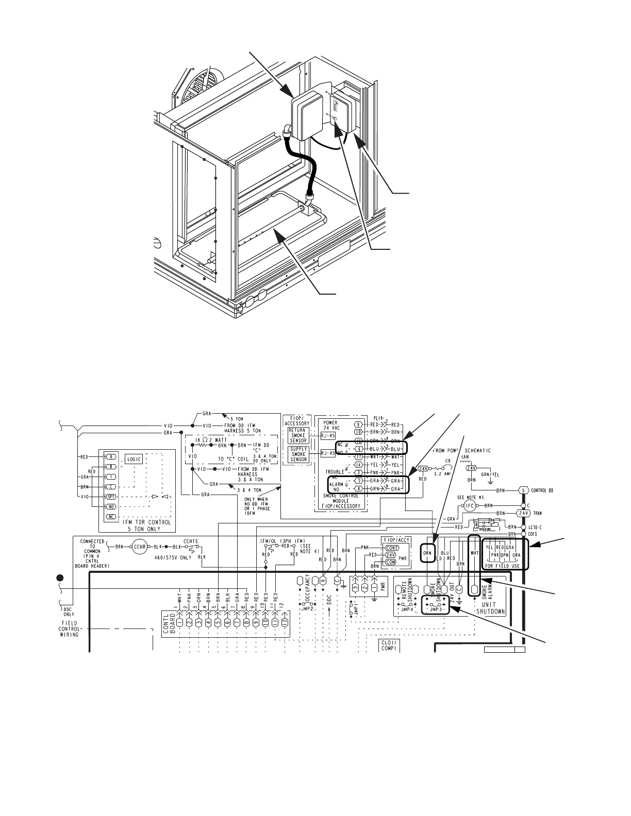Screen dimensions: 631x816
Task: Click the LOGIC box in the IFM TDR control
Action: coord(134,460)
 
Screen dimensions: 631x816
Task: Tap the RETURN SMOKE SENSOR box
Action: coord(297,435)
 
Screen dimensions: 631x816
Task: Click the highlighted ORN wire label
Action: coord(427,553)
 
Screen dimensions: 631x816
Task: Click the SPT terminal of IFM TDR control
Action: coord(110,497)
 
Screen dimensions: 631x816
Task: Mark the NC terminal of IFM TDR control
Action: coord(110,516)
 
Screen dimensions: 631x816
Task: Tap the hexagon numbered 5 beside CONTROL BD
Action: coord(523,490)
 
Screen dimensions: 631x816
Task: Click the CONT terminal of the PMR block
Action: coord(392,548)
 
